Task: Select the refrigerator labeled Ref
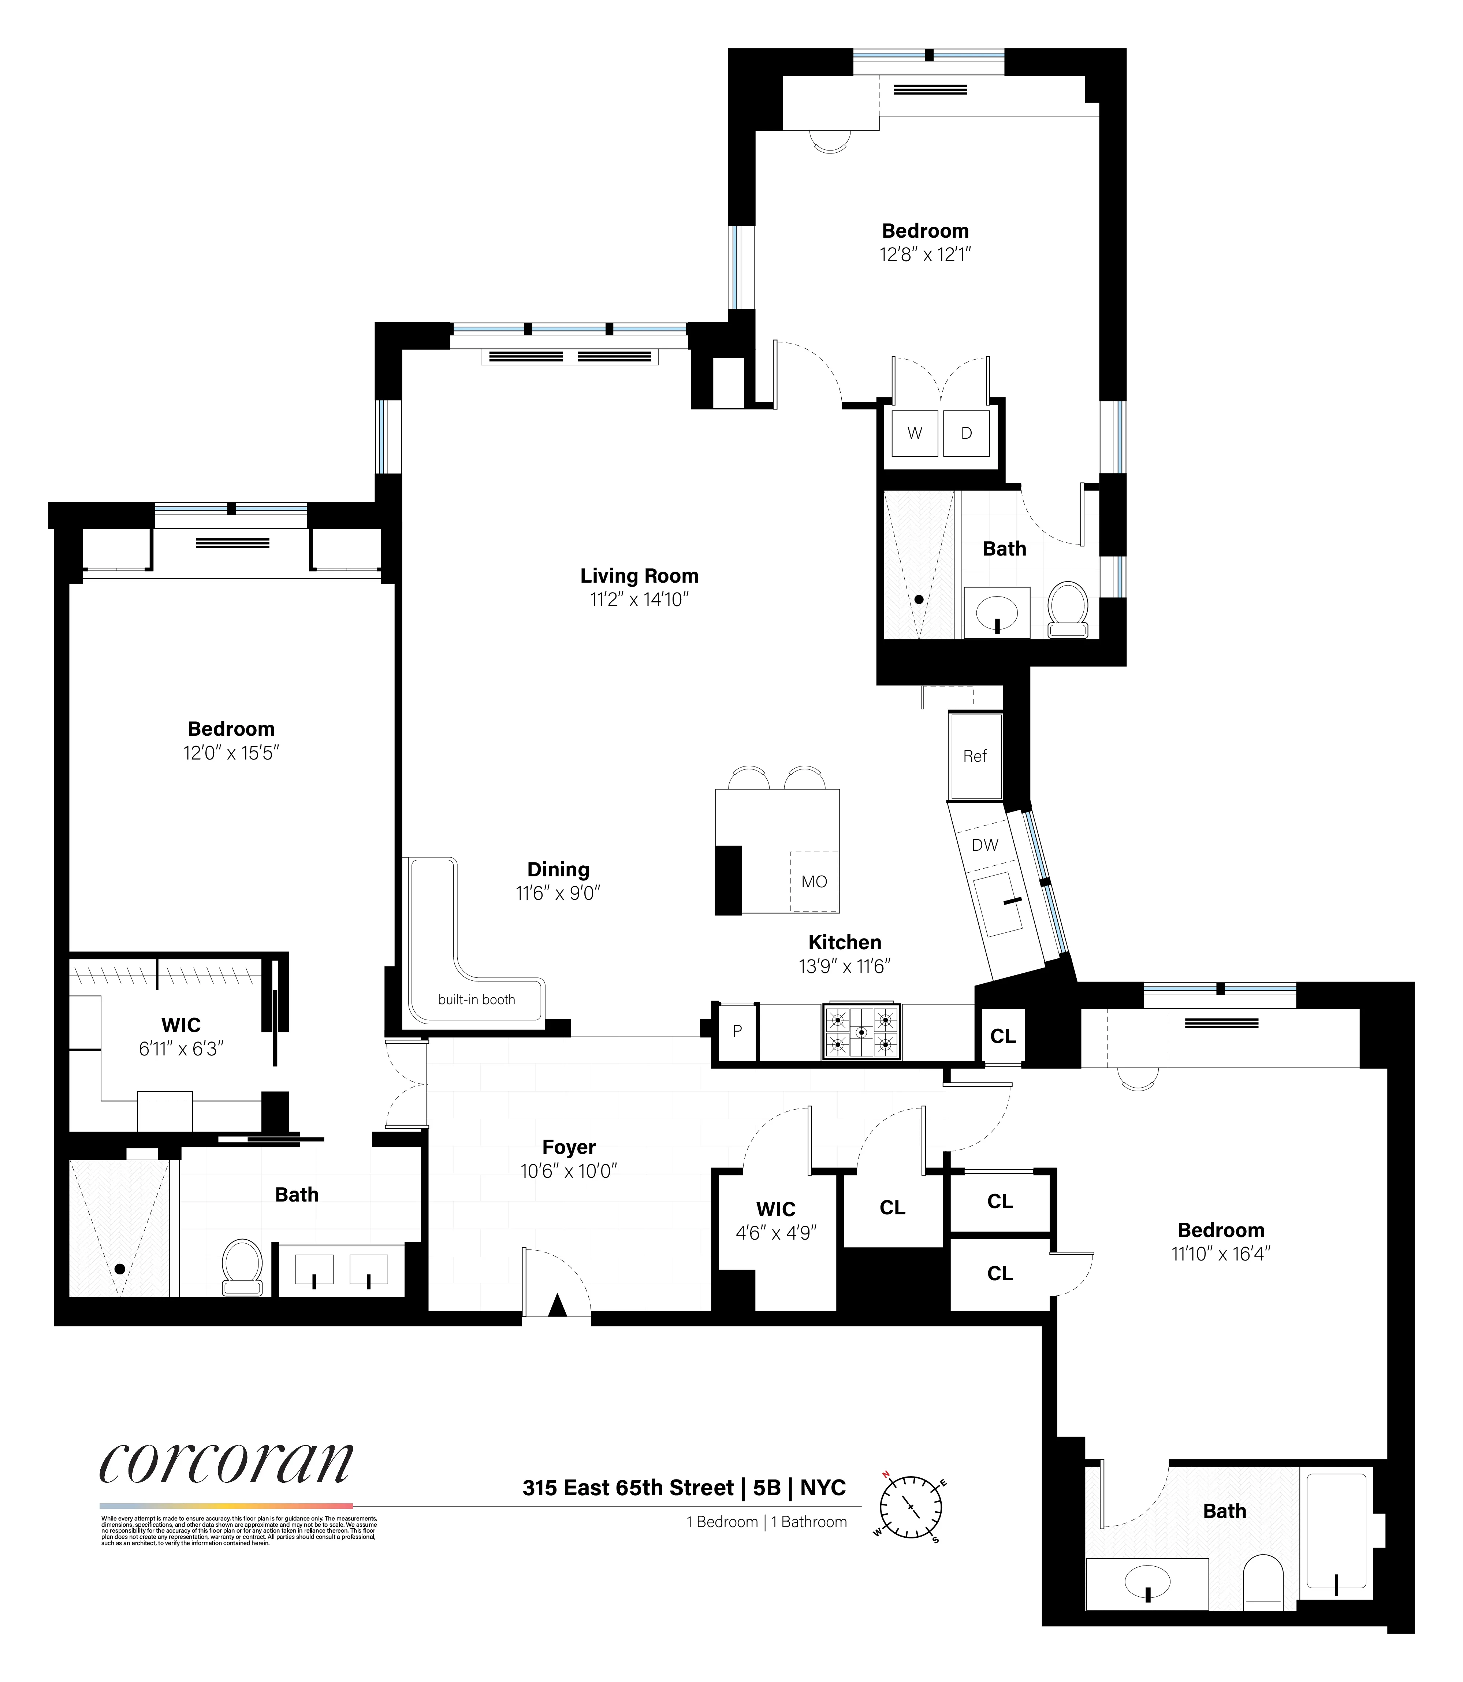point(975,756)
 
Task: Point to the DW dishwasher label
point(984,845)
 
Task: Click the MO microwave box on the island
point(814,882)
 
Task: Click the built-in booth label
point(477,999)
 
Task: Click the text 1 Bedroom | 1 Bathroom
point(767,1522)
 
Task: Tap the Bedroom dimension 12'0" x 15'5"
point(231,753)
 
